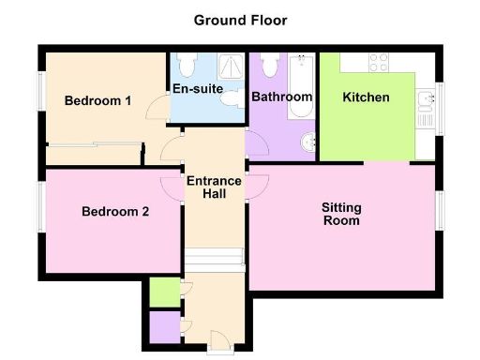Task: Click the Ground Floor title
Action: click(x=240, y=20)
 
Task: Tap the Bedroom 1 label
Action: click(x=97, y=101)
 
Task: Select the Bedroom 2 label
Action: click(x=114, y=212)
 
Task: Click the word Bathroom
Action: click(x=282, y=97)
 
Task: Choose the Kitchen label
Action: click(x=366, y=97)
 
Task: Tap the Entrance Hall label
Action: click(x=215, y=187)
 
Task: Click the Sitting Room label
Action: click(x=341, y=214)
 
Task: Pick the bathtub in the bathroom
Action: click(x=303, y=84)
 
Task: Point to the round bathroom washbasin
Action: click(x=307, y=143)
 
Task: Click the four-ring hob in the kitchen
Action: click(x=380, y=63)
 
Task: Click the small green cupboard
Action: click(x=163, y=292)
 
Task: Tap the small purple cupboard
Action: click(x=163, y=327)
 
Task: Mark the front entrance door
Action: click(x=217, y=340)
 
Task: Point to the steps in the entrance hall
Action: click(x=214, y=259)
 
